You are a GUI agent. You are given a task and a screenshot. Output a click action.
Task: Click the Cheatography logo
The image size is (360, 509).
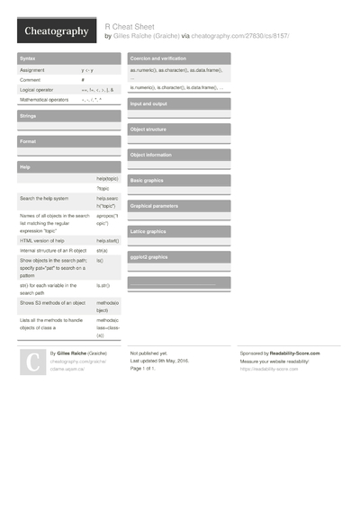click(x=56, y=31)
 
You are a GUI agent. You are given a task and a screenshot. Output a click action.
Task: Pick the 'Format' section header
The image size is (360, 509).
click(x=28, y=141)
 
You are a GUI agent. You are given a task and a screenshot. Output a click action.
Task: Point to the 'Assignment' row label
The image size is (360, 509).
click(x=32, y=69)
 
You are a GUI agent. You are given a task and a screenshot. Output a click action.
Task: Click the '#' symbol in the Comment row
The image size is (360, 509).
click(x=83, y=80)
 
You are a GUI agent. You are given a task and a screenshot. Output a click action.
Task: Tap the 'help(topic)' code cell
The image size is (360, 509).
click(x=107, y=179)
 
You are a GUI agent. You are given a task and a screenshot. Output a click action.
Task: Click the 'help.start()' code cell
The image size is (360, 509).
click(x=108, y=241)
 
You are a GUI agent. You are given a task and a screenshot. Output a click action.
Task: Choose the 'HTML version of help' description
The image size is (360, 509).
click(x=42, y=241)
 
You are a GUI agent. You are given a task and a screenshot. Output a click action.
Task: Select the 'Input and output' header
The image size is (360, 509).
click(x=149, y=104)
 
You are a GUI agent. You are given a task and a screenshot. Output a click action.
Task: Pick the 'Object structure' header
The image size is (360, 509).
click(x=149, y=129)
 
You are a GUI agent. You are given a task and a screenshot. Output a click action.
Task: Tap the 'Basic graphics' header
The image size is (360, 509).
click(x=148, y=180)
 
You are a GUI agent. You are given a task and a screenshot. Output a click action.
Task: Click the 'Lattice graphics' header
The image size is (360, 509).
click(x=148, y=231)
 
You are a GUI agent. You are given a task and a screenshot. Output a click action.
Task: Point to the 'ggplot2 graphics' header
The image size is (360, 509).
click(x=149, y=257)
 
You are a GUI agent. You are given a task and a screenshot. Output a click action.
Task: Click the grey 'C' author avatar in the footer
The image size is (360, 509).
click(x=32, y=362)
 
